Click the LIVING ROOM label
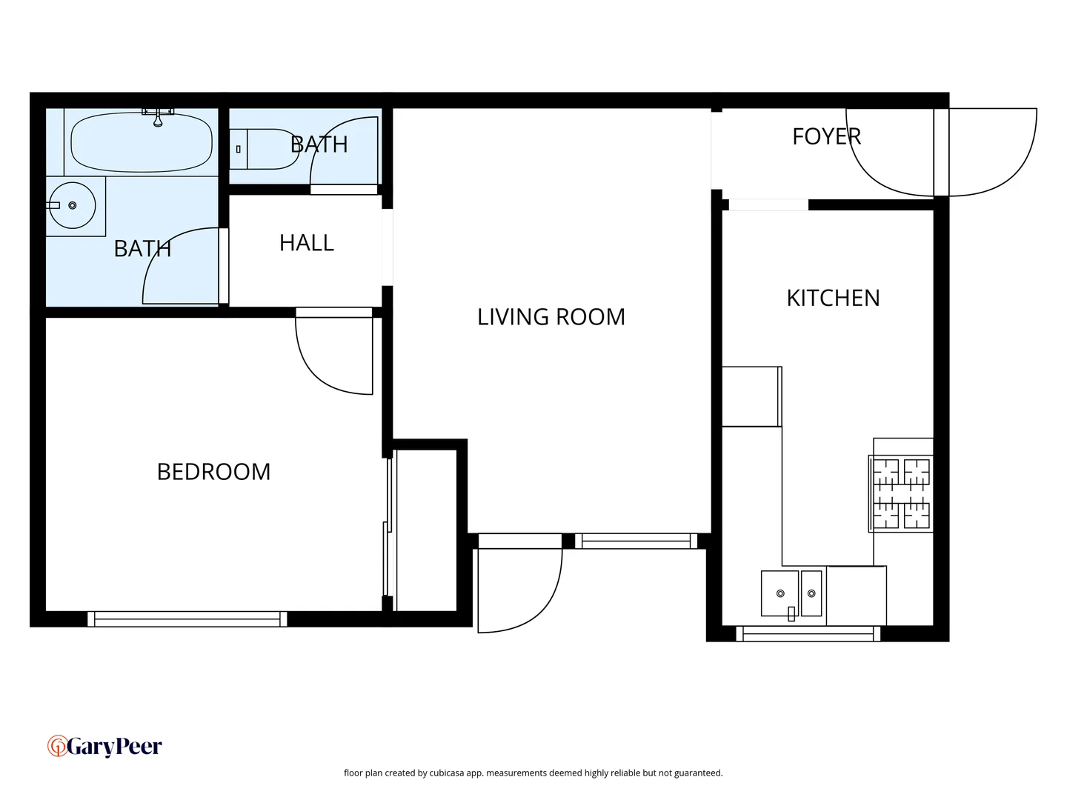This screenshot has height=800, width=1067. [x=551, y=317]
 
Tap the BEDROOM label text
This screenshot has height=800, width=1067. [x=213, y=472]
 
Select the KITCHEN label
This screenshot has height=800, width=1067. [x=833, y=298]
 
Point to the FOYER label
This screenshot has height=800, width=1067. [x=826, y=136]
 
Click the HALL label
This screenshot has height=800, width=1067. [x=306, y=243]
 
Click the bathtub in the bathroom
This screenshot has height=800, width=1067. [x=141, y=142]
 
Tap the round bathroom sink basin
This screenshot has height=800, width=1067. [x=72, y=205]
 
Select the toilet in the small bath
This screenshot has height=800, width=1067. [x=263, y=149]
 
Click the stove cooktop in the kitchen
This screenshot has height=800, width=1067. [x=901, y=493]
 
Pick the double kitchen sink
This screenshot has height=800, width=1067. [x=791, y=593]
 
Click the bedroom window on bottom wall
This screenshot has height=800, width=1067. [x=187, y=619]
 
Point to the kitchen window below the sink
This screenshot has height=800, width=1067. [x=808, y=634]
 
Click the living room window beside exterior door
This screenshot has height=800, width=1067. [x=636, y=541]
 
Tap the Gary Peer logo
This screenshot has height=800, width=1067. [x=104, y=746]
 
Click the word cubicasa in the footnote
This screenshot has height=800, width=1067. [x=447, y=773]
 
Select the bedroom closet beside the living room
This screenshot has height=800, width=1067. [x=426, y=530]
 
